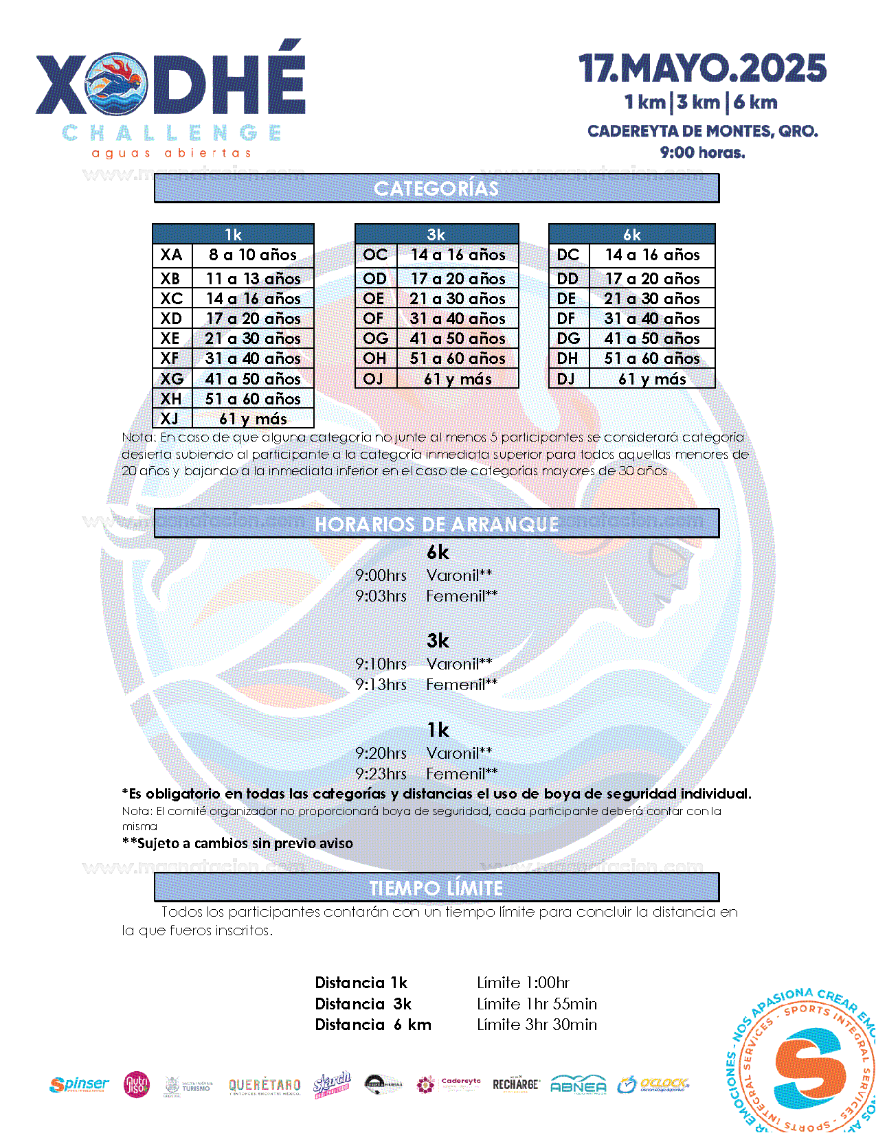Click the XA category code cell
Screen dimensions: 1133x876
point(172,255)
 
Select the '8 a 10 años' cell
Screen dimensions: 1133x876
point(253,255)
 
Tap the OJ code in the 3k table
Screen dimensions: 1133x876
point(374,379)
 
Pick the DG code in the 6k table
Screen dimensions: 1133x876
point(568,339)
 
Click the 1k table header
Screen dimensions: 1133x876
point(233,234)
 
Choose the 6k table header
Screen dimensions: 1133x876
point(631,234)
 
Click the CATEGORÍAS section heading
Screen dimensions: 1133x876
point(436,188)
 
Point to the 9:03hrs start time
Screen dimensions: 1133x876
point(381,596)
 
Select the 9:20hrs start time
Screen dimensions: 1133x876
point(381,753)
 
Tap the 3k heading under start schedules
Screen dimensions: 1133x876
point(438,641)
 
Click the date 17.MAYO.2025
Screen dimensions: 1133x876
point(702,69)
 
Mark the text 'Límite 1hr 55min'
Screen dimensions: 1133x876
point(537,1004)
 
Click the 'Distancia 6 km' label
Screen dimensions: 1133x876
point(373,1025)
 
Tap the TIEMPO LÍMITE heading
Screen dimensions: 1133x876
point(436,888)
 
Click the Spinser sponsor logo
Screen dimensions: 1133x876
point(79,1085)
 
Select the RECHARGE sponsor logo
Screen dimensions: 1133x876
point(515,1084)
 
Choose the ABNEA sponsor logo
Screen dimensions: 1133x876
point(579,1085)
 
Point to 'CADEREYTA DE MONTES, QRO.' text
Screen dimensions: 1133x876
point(702,131)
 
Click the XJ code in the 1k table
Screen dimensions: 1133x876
point(170,419)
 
